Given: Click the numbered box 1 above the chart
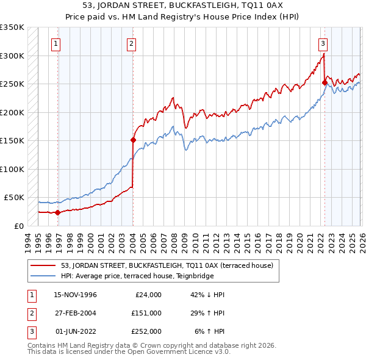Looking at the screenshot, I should (x=56, y=43).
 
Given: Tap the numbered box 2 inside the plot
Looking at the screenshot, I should (x=132, y=43).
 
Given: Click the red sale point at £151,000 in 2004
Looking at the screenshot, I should (x=133, y=140).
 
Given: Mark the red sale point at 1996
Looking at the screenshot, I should (x=58, y=212).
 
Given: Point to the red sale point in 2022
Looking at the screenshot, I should (x=325, y=83).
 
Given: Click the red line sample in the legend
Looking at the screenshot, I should (x=43, y=265).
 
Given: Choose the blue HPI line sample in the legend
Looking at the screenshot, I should (x=43, y=276).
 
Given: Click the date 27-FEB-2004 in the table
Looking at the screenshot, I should (x=76, y=312).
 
